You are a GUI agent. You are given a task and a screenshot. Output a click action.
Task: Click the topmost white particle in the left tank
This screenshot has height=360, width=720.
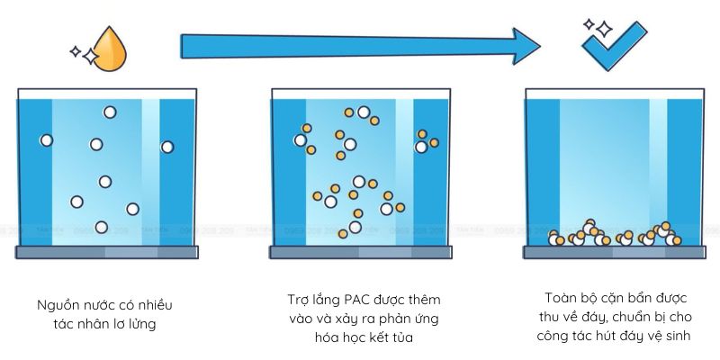[110, 112]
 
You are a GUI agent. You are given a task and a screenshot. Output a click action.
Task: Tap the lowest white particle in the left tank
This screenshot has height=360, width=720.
[101, 228]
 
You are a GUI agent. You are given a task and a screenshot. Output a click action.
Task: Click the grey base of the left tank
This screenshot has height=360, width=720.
[106, 252]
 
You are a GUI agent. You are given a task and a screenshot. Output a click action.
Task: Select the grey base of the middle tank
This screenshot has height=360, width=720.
[360, 252]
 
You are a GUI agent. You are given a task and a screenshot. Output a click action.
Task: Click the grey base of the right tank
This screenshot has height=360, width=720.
[614, 252]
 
